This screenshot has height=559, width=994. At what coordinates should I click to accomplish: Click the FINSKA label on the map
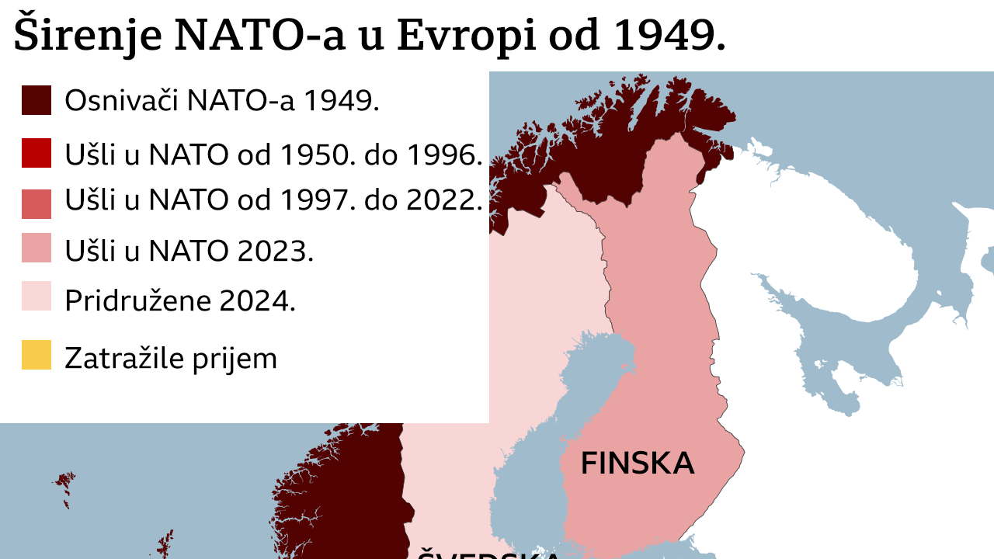tap(637, 464)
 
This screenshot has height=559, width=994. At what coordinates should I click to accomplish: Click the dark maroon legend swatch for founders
tap(36, 101)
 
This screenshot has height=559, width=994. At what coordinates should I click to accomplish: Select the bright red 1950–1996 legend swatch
tap(36, 154)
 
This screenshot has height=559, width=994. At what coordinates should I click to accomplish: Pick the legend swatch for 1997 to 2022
tap(36, 203)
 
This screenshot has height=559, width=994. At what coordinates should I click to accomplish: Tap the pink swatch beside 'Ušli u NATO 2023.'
tap(36, 248)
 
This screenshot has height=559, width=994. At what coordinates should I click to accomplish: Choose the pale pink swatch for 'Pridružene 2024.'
tap(36, 297)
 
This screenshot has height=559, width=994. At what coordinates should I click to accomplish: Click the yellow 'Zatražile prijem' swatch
tap(36, 356)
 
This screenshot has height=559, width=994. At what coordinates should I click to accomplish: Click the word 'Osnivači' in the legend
tap(120, 101)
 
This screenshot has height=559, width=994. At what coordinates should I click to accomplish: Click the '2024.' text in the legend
tap(258, 300)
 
